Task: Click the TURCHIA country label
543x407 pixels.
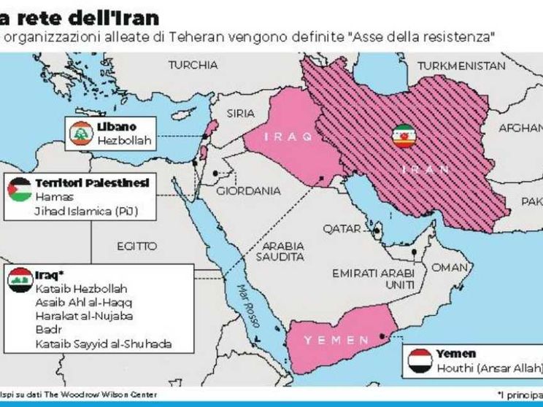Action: pyautogui.click(x=193, y=65)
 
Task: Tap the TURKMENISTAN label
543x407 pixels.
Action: pyautogui.click(x=462, y=66)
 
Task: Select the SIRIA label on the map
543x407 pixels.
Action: pyautogui.click(x=241, y=113)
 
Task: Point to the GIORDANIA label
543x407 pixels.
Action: pyautogui.click(x=249, y=191)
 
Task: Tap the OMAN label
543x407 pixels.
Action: pyautogui.click(x=449, y=268)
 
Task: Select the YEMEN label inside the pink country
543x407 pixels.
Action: pyautogui.click(x=326, y=340)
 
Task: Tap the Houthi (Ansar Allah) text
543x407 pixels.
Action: pyautogui.click(x=488, y=367)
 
